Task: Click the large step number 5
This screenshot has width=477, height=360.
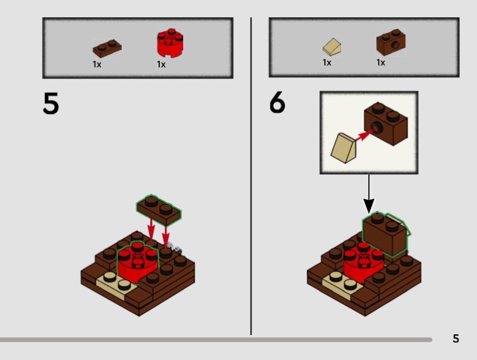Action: [51, 104]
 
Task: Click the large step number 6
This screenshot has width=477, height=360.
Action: [277, 104]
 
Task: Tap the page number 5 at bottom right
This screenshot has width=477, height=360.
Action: [456, 339]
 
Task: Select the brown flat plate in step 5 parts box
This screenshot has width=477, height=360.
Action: [107, 48]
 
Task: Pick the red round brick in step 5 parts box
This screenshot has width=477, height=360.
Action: [169, 43]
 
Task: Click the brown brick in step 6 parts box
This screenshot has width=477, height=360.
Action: [391, 43]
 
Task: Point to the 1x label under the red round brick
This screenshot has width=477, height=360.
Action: [161, 64]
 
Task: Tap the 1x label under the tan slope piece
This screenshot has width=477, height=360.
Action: [327, 63]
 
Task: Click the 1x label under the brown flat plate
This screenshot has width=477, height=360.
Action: [97, 64]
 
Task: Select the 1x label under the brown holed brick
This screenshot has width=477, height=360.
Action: [380, 63]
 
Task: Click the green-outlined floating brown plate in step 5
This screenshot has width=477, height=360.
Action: [160, 209]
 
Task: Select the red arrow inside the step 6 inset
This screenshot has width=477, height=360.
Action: [363, 136]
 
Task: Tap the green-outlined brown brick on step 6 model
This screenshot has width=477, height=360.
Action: [386, 234]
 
